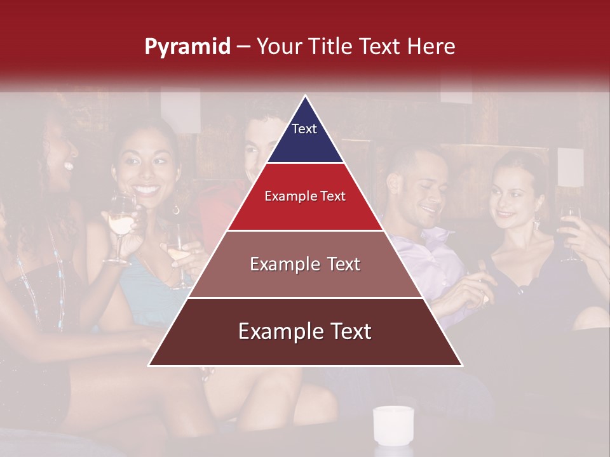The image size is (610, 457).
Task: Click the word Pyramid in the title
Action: pyautogui.click(x=187, y=47)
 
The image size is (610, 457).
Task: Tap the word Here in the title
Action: pyautogui.click(x=431, y=46)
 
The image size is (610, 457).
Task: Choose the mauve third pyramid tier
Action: pyautogui.click(x=305, y=279)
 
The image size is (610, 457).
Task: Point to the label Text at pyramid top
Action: pyautogui.click(x=304, y=129)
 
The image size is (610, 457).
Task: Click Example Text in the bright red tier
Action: pyautogui.click(x=305, y=196)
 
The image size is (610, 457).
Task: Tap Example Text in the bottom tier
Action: pyautogui.click(x=305, y=331)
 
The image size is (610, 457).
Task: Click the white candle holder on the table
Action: pyautogui.click(x=393, y=425)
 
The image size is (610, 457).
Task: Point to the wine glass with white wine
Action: pyautogui.click(x=121, y=222)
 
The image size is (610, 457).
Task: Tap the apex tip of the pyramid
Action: pyautogui.click(x=306, y=96)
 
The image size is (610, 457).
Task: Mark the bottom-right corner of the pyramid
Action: pyautogui.click(x=461, y=365)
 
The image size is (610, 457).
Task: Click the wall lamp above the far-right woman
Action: pyautogui.click(x=570, y=167)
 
